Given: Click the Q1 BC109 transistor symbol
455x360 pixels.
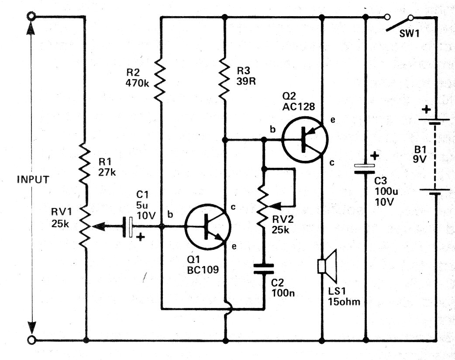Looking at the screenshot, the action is coord(208,226).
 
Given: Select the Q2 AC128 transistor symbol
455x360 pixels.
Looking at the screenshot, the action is coord(305,139).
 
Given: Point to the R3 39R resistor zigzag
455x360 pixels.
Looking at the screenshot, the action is coord(224,78).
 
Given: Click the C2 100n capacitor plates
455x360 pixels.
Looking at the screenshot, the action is coord(263,269).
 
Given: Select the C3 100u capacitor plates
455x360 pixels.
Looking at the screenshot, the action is coord(365,169).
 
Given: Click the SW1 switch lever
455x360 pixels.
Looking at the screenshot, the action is coord(398,24).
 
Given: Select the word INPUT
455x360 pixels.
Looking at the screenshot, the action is coord(33,180).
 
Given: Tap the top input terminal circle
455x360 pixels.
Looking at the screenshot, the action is coord(31,17).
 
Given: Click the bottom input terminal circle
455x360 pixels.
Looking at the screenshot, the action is coord(31,339).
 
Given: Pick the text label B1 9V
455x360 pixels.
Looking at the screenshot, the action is coord(421,154).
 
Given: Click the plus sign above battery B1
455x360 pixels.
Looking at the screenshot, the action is coord(426,110).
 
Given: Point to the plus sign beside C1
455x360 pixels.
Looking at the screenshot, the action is coord(141,238).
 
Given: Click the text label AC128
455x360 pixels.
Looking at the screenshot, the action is coord(298,107).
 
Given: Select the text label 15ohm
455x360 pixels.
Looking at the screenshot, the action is coord(344,301).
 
